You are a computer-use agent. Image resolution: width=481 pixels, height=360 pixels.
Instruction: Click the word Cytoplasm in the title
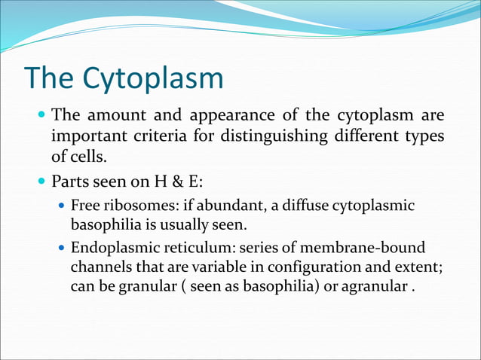click(154, 79)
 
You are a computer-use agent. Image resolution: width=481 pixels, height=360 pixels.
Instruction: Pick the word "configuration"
click(302, 267)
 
